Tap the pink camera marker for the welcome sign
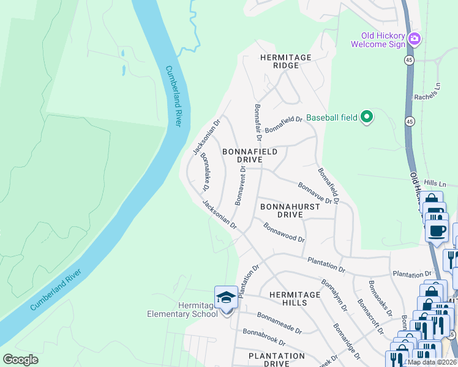pos(415,39)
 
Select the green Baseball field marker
pos(366,116)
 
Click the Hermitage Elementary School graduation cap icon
pos(226,297)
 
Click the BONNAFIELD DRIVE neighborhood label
pos(250,155)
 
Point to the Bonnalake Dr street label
pos(209,171)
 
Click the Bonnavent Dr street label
pos(241,185)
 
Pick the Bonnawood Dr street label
pos(284,232)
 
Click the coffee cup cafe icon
pos(437,231)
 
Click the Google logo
pos(21,360)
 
